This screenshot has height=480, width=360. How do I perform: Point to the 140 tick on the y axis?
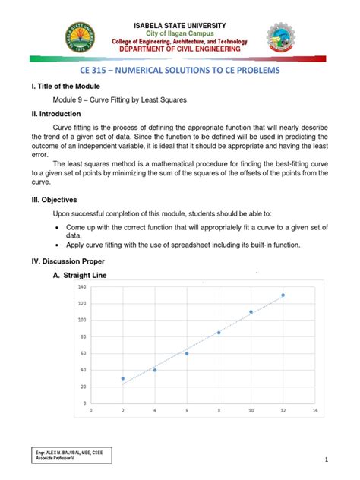[x=81, y=286]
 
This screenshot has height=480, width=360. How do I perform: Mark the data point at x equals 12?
[x=283, y=295]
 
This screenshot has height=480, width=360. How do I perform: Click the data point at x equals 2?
[x=123, y=378]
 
